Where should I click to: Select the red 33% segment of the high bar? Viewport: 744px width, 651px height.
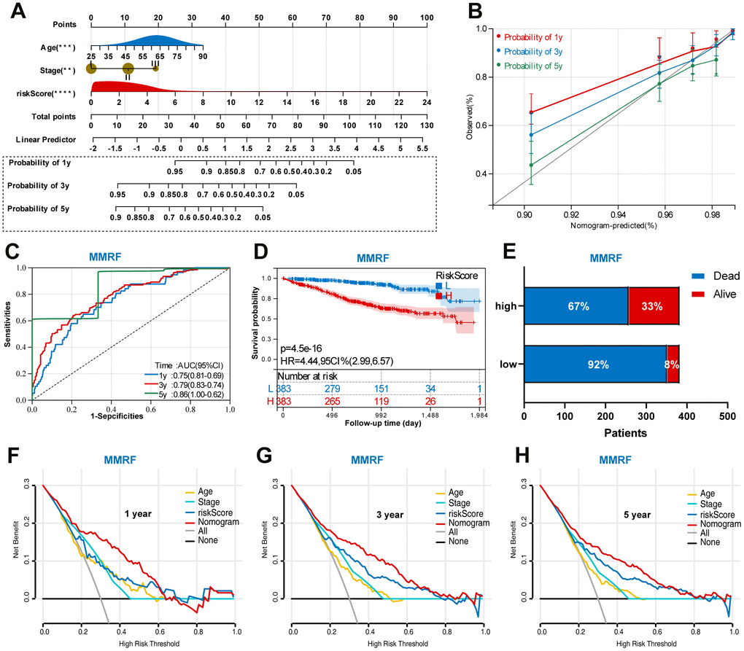pyautogui.click(x=654, y=305)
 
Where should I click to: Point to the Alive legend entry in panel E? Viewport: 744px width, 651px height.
pyautogui.click(x=717, y=295)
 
